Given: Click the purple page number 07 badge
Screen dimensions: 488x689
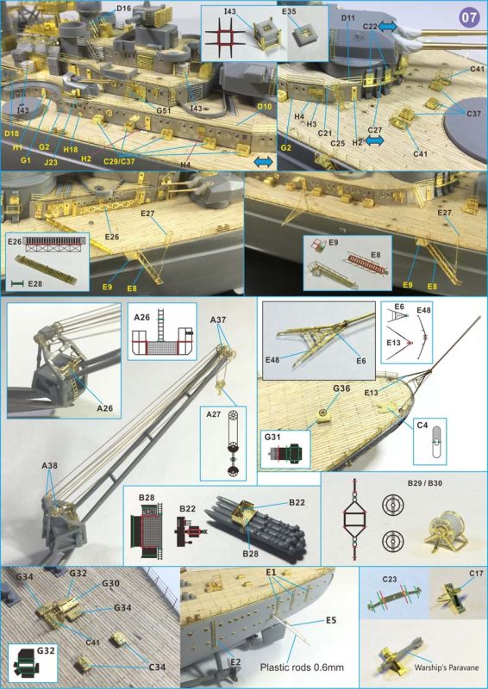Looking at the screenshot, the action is pyautogui.click(x=468, y=18).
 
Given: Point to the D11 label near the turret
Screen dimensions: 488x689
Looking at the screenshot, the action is pyautogui.click(x=347, y=17).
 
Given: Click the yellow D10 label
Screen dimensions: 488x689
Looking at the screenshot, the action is pyautogui.click(x=265, y=106).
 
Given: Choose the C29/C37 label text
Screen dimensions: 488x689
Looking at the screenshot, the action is pyautogui.click(x=120, y=161).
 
